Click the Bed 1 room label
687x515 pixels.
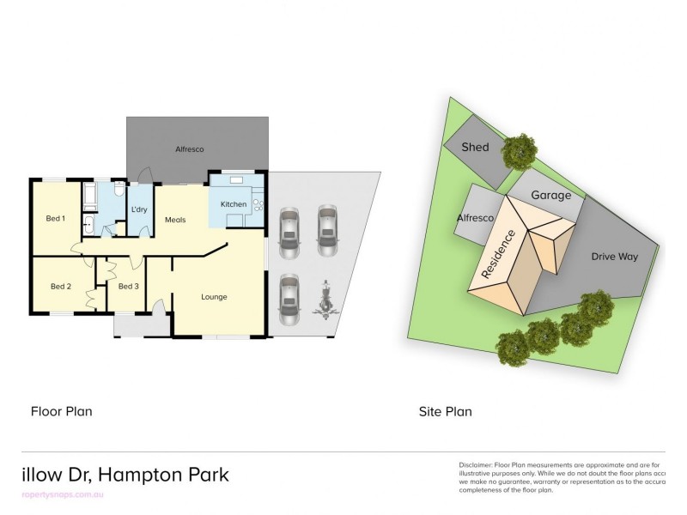click(x=56, y=219)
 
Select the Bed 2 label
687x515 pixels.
click(x=60, y=287)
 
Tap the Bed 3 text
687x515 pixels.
click(x=129, y=287)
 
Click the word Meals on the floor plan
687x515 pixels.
click(x=176, y=220)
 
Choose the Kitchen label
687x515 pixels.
click(x=234, y=204)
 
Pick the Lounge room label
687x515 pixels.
click(x=214, y=297)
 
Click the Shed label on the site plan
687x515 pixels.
click(x=475, y=147)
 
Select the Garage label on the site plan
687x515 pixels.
click(x=550, y=195)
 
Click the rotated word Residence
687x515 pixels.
click(x=499, y=253)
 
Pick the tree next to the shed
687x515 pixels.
click(x=519, y=153)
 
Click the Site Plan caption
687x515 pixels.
click(x=446, y=411)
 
